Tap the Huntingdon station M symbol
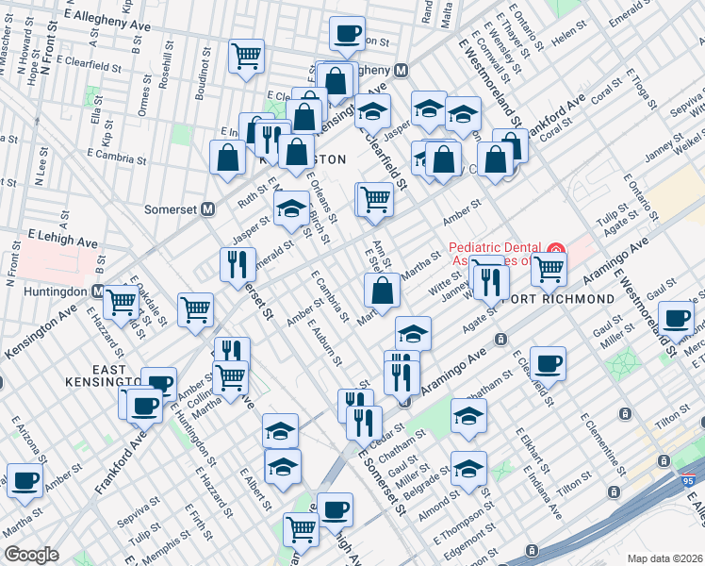[98, 291]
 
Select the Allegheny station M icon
[401, 70]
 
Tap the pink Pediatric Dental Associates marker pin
[555, 254]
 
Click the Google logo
[31, 555]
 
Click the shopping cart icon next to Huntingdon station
[122, 302]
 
